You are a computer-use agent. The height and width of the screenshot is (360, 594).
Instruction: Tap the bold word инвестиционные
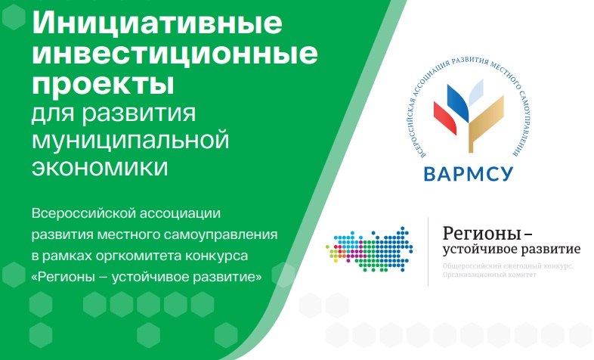(175, 54)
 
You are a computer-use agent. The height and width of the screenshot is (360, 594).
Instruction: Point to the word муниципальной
(130, 141)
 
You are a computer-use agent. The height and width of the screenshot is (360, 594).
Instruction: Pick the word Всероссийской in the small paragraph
(83, 213)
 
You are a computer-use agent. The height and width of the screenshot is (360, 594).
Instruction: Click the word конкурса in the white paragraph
(216, 256)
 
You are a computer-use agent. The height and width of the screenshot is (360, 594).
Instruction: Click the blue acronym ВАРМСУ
(469, 174)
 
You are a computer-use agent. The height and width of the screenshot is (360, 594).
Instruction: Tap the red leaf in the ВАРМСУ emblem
(444, 118)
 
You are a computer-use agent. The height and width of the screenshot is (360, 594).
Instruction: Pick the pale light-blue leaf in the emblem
(476, 92)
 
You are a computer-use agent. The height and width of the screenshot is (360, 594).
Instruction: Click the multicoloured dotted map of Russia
(370, 250)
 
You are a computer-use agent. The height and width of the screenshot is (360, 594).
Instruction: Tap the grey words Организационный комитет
(490, 275)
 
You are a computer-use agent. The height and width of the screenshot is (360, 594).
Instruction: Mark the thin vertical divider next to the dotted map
(428, 251)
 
